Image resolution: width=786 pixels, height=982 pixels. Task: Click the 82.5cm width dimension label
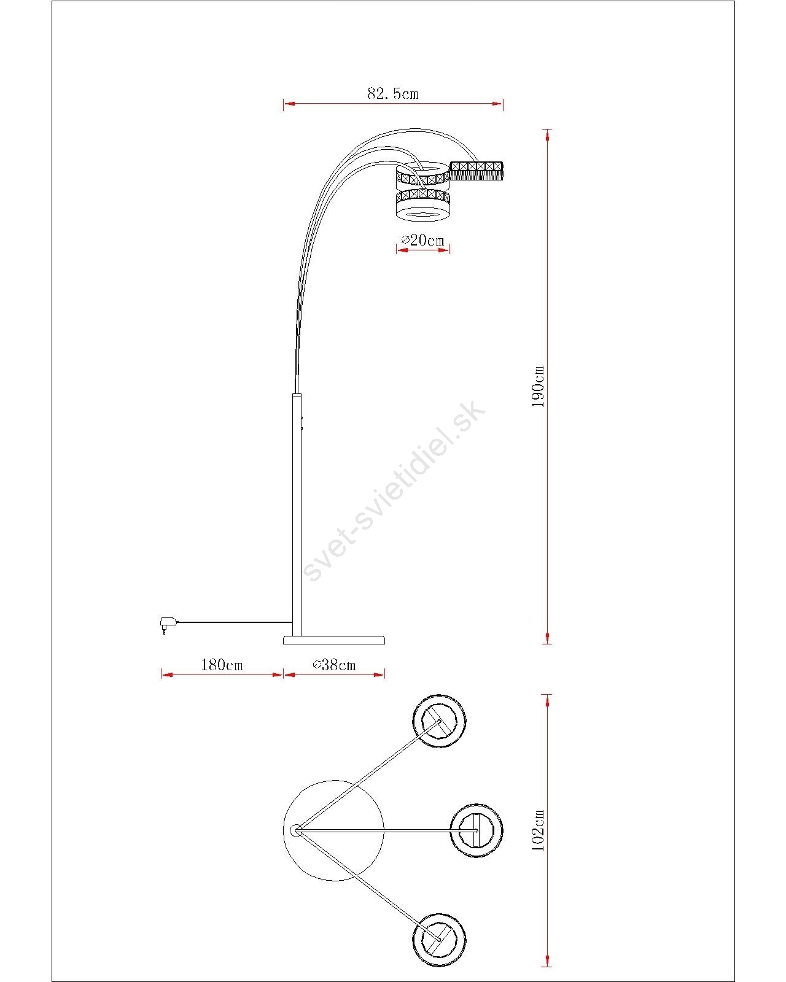393,93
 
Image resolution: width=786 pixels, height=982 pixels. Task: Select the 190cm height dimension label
539,386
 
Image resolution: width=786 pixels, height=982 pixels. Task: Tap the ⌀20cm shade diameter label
422,240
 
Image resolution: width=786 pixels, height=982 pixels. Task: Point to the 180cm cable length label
222,665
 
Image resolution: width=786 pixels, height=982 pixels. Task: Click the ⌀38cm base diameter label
334,665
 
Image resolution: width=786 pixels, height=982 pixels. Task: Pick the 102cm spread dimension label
539,830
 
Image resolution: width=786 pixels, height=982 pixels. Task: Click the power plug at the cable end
166,624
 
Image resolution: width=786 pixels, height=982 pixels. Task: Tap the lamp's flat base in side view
334,640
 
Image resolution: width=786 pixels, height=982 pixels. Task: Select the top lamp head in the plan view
439,721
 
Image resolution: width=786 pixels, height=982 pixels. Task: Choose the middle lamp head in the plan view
477,830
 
